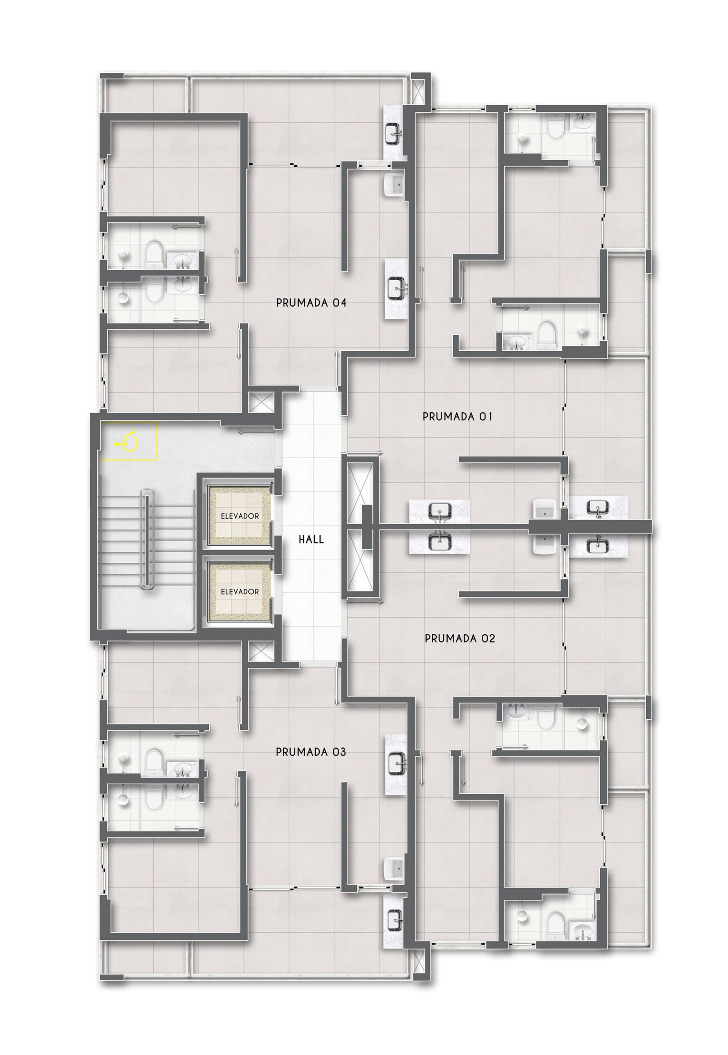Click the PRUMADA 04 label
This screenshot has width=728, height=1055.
[x=311, y=303]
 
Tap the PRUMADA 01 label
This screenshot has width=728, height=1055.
[x=458, y=416]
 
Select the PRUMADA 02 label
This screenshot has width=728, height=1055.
[x=460, y=639]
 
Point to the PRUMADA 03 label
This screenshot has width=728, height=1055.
[x=311, y=752]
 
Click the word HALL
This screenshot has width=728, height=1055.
[x=311, y=540]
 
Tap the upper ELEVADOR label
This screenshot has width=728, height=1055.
[x=240, y=516]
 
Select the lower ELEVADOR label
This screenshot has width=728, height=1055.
[x=240, y=591]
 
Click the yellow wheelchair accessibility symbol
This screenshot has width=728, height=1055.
[x=128, y=441]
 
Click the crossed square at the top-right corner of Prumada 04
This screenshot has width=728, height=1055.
[x=418, y=91]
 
